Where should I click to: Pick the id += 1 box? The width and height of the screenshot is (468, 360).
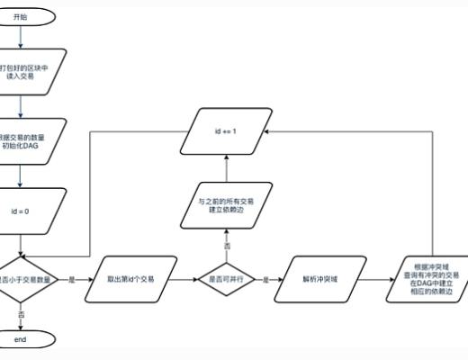(x=226, y=131)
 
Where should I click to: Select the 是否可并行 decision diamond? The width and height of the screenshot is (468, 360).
(x=226, y=280)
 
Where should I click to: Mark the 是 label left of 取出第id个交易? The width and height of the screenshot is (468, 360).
(x=71, y=280)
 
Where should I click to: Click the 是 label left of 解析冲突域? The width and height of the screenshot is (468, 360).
(x=265, y=280)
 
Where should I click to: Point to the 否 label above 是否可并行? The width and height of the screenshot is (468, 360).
(x=226, y=246)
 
